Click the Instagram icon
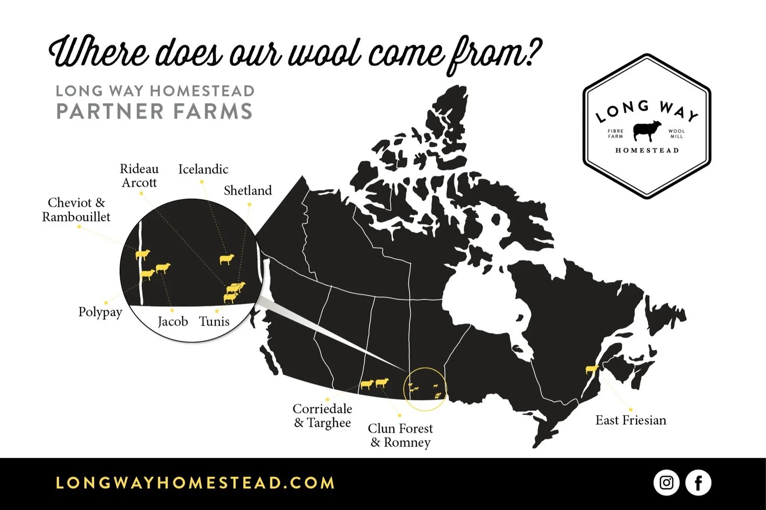(x=666, y=482)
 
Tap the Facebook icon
(x=698, y=482)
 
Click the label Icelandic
(x=203, y=169)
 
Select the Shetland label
(x=248, y=190)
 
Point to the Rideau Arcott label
(x=139, y=176)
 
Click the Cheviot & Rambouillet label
(x=76, y=210)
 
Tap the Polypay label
(x=100, y=312)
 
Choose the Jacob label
(x=173, y=322)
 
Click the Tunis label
(x=214, y=322)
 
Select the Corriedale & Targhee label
(x=322, y=416)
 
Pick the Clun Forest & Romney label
(x=400, y=435)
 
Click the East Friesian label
(x=631, y=420)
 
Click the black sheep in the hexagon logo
(x=647, y=131)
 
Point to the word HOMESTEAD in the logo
(x=647, y=151)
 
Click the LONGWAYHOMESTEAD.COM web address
(x=195, y=483)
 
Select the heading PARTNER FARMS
(x=154, y=111)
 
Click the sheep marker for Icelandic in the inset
(x=227, y=259)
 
